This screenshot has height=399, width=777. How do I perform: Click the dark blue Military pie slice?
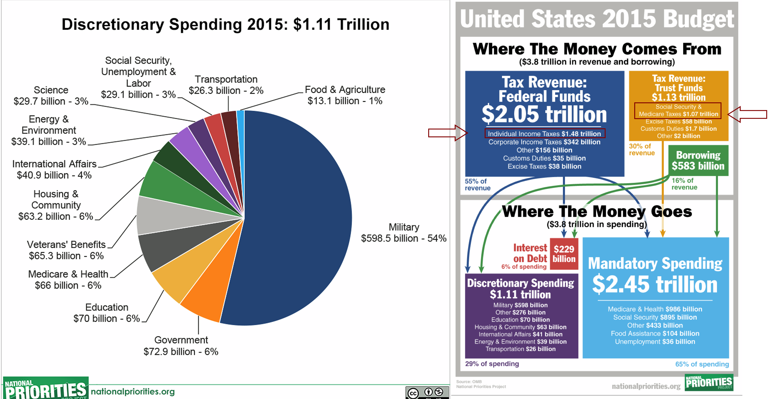click(296, 217)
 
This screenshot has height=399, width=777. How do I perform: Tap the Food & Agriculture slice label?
click(345, 95)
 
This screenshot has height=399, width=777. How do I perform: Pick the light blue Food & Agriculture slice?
click(241, 121)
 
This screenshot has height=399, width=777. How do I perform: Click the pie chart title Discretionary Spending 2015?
click(225, 24)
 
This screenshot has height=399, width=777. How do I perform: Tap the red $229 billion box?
click(564, 254)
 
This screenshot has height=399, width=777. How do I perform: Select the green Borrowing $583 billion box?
click(698, 161)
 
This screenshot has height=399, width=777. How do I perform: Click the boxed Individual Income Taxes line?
click(544, 133)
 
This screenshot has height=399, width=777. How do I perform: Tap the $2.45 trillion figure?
click(655, 284)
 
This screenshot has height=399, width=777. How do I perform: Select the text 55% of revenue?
click(477, 184)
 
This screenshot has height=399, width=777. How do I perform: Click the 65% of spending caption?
click(701, 364)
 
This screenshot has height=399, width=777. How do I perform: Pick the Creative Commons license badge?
click(427, 393)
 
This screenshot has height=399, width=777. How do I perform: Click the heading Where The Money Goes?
click(597, 212)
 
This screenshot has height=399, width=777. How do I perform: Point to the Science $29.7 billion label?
click(51, 95)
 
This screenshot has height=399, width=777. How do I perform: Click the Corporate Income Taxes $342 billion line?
click(544, 142)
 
